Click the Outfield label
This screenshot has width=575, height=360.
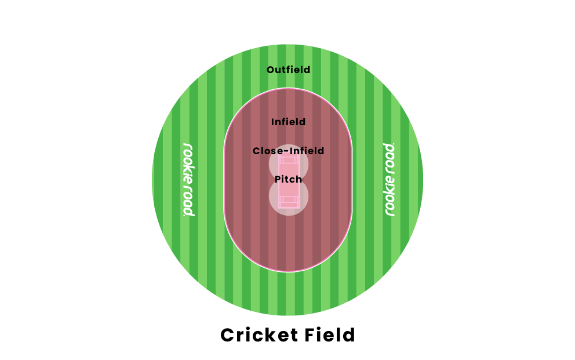288,70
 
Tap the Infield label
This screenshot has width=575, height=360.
288,122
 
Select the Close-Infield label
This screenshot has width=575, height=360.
288,151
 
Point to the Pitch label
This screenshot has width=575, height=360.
288,179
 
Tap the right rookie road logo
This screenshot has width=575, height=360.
390,179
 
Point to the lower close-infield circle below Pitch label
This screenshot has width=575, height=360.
288,200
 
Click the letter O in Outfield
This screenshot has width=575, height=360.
270,70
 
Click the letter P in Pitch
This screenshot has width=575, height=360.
278,179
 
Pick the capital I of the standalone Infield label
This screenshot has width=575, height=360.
273,122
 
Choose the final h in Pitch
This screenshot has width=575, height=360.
299,179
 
